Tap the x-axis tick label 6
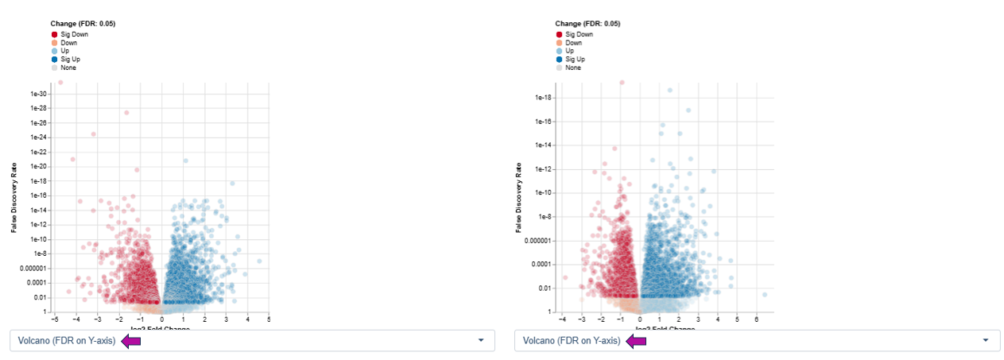(756, 319)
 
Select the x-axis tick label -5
(54, 319)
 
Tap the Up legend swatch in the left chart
(55, 51)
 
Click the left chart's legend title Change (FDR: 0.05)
(83, 24)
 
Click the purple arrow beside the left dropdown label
(131, 341)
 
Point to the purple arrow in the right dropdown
(636, 341)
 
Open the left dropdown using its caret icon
(480, 340)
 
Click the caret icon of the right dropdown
(985, 340)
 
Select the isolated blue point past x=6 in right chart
(765, 295)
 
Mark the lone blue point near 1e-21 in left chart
(185, 161)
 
